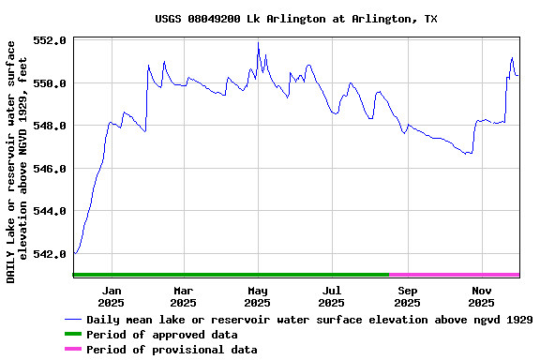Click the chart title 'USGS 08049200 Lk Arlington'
click(x=295, y=19)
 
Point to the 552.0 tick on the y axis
click(x=49, y=41)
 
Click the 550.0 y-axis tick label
click(x=49, y=83)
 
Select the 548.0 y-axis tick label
click(x=49, y=126)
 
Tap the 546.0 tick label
click(x=49, y=169)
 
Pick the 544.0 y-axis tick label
click(x=49, y=211)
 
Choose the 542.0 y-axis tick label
click(x=49, y=253)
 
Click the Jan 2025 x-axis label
click(x=111, y=296)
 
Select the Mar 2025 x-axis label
click(x=184, y=296)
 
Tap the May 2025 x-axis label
click(x=257, y=296)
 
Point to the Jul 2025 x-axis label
click(x=331, y=296)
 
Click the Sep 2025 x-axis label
click(x=407, y=296)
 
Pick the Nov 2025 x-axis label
click(x=481, y=296)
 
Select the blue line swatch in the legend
click(x=73, y=320)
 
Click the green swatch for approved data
click(x=73, y=335)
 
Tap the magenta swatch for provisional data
click(x=73, y=350)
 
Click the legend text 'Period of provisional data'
click(x=172, y=350)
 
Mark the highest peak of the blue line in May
click(x=258, y=43)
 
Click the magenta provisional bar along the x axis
click(x=455, y=275)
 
